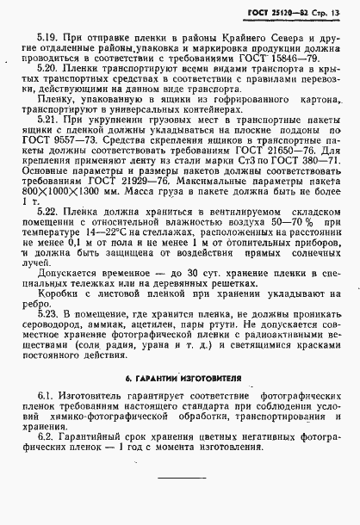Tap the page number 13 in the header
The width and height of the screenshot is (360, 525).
(x=341, y=10)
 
